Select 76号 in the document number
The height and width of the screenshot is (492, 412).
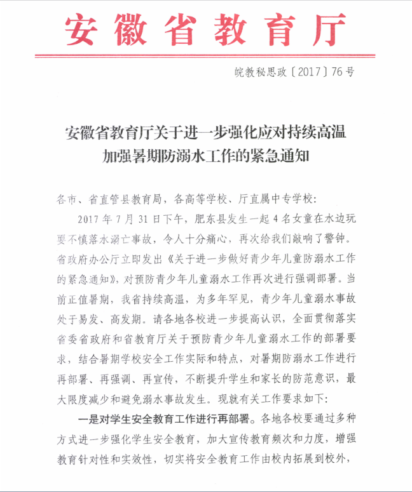[x=344, y=72]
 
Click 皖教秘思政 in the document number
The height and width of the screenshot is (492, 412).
[x=263, y=72]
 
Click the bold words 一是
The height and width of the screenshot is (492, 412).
[x=86, y=420]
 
